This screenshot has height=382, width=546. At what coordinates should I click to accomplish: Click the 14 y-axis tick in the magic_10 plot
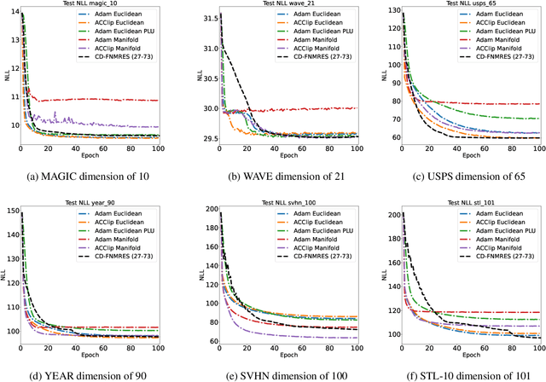click(14, 14)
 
